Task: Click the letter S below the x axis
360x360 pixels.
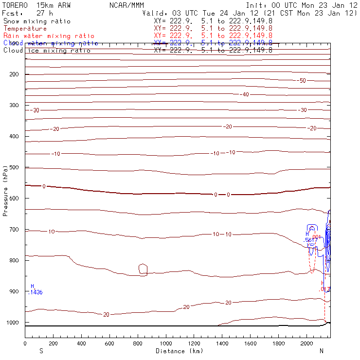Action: point(41,351)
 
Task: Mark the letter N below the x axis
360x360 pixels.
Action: point(321,351)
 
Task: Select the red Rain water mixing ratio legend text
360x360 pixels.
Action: point(49,36)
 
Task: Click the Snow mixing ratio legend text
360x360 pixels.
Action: point(37,21)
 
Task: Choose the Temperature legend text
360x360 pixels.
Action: point(25,29)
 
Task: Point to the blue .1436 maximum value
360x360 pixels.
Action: point(36,292)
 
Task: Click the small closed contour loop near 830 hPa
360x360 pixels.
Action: point(143,269)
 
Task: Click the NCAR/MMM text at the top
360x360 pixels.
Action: point(127,5)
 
